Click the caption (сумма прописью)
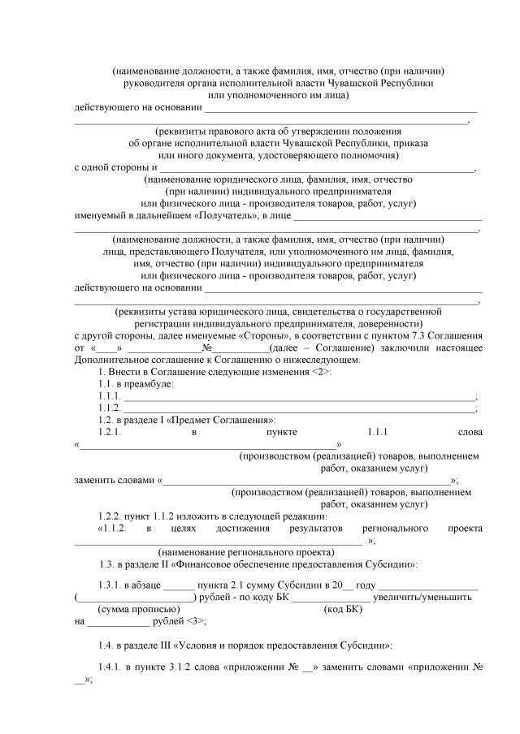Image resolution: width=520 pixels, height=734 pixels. pyautogui.click(x=138, y=609)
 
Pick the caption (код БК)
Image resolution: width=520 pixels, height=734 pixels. pyautogui.click(x=343, y=609)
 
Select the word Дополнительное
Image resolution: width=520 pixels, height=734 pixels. pyautogui.click(x=111, y=359)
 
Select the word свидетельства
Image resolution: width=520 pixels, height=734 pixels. pyautogui.click(x=318, y=311)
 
